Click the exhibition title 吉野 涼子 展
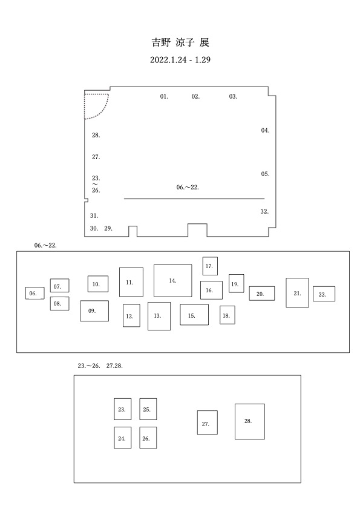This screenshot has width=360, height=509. tap(180, 42)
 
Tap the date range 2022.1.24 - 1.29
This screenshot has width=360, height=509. tap(180, 60)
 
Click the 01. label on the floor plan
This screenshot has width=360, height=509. tap(164, 96)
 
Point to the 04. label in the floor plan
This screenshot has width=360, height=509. tap(265, 131)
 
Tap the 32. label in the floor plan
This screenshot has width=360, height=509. tap(264, 212)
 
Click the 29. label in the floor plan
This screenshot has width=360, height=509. tap(108, 229)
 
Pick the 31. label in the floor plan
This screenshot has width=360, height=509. tap(94, 216)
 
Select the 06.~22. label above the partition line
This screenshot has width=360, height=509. tap(188, 187)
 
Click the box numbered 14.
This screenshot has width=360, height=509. tap(172, 281)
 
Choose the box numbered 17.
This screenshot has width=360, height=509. tap(210, 266)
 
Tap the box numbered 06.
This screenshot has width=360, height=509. tap(34, 293)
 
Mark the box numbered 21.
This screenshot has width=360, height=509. tap(297, 293)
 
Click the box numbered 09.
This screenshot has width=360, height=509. tap(94, 311)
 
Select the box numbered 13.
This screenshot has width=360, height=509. tap(159, 316)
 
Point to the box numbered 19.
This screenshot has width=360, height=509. tap(237, 283)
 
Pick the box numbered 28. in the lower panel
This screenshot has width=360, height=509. tap(250, 422)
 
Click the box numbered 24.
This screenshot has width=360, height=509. tap(123, 438)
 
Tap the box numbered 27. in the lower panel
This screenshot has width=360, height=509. tap(208, 422)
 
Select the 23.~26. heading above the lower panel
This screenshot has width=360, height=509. tap(88, 366)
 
